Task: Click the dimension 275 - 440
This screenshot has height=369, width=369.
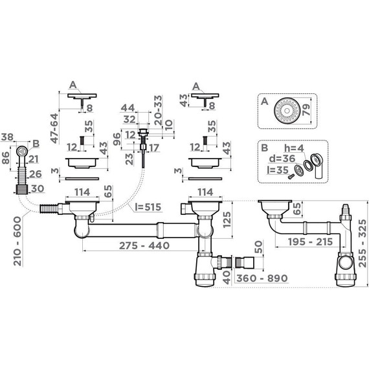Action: click(x=144, y=246)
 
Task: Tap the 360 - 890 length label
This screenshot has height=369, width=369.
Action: click(x=262, y=278)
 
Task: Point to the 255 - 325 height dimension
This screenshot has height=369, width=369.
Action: click(x=363, y=243)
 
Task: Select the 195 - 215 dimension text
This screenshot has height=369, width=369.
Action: click(x=310, y=241)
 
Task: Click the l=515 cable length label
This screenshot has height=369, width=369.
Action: click(x=148, y=207)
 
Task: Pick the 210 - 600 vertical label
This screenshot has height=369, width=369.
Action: click(x=17, y=241)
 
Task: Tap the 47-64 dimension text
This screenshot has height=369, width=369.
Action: click(x=54, y=128)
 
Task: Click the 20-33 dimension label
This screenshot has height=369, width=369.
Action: click(x=158, y=110)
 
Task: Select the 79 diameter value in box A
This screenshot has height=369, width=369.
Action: click(x=306, y=110)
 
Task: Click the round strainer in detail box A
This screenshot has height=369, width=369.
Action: click(x=286, y=111)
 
